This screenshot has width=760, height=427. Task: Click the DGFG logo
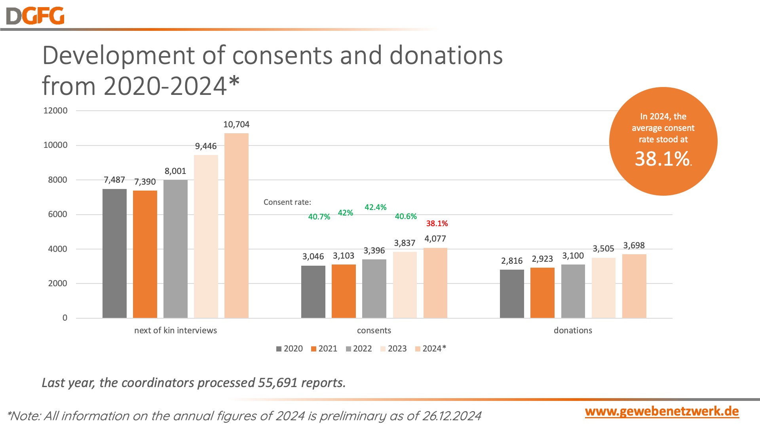pyautogui.click(x=35, y=16)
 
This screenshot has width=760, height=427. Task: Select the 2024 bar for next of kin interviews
pyautogui.click(x=236, y=225)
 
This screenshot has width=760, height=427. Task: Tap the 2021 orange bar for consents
pyautogui.click(x=344, y=291)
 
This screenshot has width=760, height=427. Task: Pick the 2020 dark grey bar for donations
pyautogui.click(x=512, y=294)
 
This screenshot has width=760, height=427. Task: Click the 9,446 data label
pyautogui.click(x=206, y=146)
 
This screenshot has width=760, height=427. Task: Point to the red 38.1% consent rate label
pyautogui.click(x=437, y=223)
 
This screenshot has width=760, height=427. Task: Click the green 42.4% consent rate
pyautogui.click(x=375, y=207)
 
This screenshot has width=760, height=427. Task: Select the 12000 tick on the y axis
pyautogui.click(x=55, y=111)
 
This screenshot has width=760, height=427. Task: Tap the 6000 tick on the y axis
pyautogui.click(x=58, y=214)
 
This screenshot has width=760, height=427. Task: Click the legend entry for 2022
pyautogui.click(x=359, y=349)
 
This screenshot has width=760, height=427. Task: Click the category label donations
pyautogui.click(x=573, y=331)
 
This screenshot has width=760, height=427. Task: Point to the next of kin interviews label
pyautogui.click(x=175, y=331)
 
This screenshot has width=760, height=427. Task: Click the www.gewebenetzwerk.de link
pyautogui.click(x=662, y=411)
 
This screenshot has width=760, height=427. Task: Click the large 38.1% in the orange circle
pyautogui.click(x=662, y=159)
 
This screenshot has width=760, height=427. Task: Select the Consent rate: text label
pyautogui.click(x=287, y=202)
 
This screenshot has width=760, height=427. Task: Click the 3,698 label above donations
pyautogui.click(x=634, y=246)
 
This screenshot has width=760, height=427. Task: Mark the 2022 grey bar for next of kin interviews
pyautogui.click(x=175, y=249)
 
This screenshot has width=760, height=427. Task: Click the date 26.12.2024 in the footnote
pyautogui.click(x=452, y=416)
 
